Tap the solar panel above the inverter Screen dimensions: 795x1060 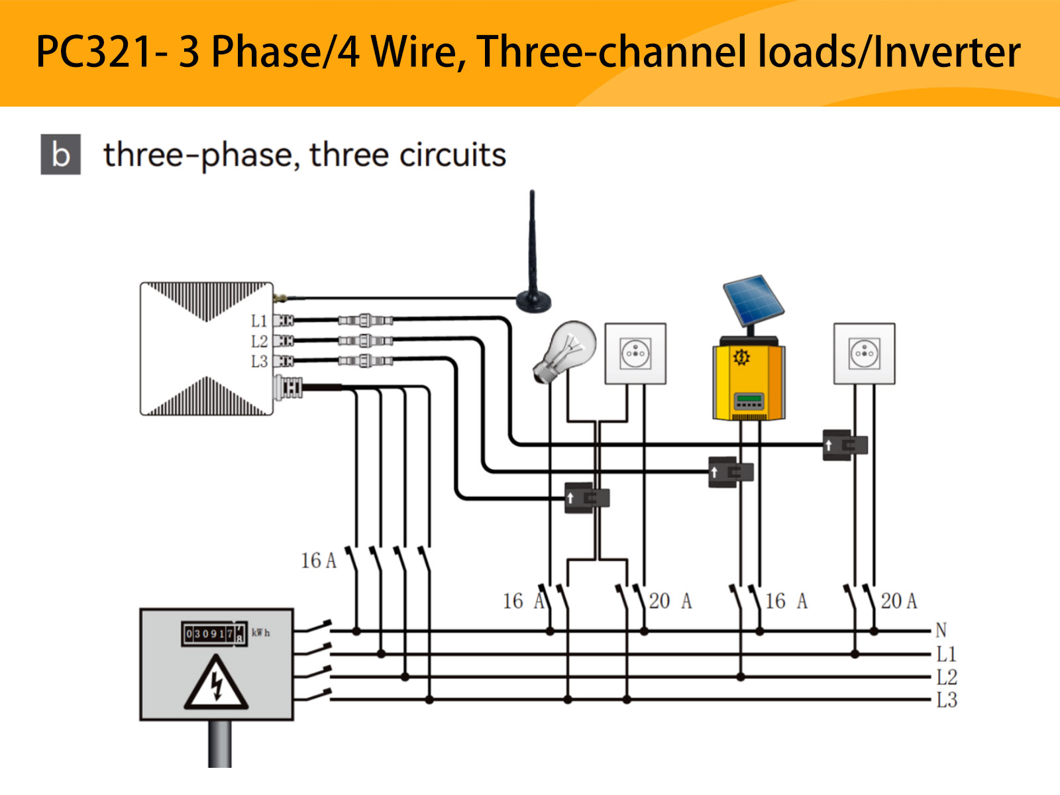753,301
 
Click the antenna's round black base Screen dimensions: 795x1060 533,301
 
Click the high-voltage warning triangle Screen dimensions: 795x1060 216,684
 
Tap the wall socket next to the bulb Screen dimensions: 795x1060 635,354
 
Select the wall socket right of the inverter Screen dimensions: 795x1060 864,354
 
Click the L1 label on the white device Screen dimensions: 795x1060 259,321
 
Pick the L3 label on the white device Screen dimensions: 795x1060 259,362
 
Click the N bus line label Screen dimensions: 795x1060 941,630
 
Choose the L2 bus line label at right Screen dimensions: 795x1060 947,677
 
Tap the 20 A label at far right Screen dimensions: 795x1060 899,601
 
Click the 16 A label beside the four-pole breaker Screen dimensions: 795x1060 319,560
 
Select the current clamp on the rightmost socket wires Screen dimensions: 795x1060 845,445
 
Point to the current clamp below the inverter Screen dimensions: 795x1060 731,472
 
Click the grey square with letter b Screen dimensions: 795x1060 61,154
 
